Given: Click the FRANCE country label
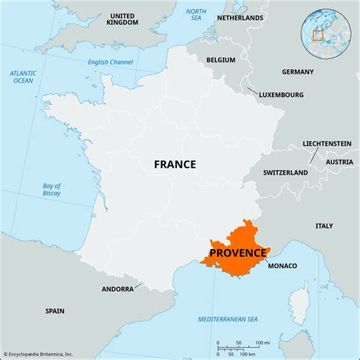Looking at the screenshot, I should [175, 164].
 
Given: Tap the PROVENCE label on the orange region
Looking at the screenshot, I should [238, 253].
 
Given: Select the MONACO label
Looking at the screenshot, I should [282, 266].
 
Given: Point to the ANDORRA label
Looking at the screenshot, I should [118, 289].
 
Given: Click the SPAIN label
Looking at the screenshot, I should [55, 311].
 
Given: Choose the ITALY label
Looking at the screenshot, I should [324, 226].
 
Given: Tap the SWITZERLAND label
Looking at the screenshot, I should [286, 173].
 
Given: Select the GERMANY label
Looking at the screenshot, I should [297, 72].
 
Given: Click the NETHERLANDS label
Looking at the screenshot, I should [240, 17].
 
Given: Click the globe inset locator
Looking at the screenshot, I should [318, 32].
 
